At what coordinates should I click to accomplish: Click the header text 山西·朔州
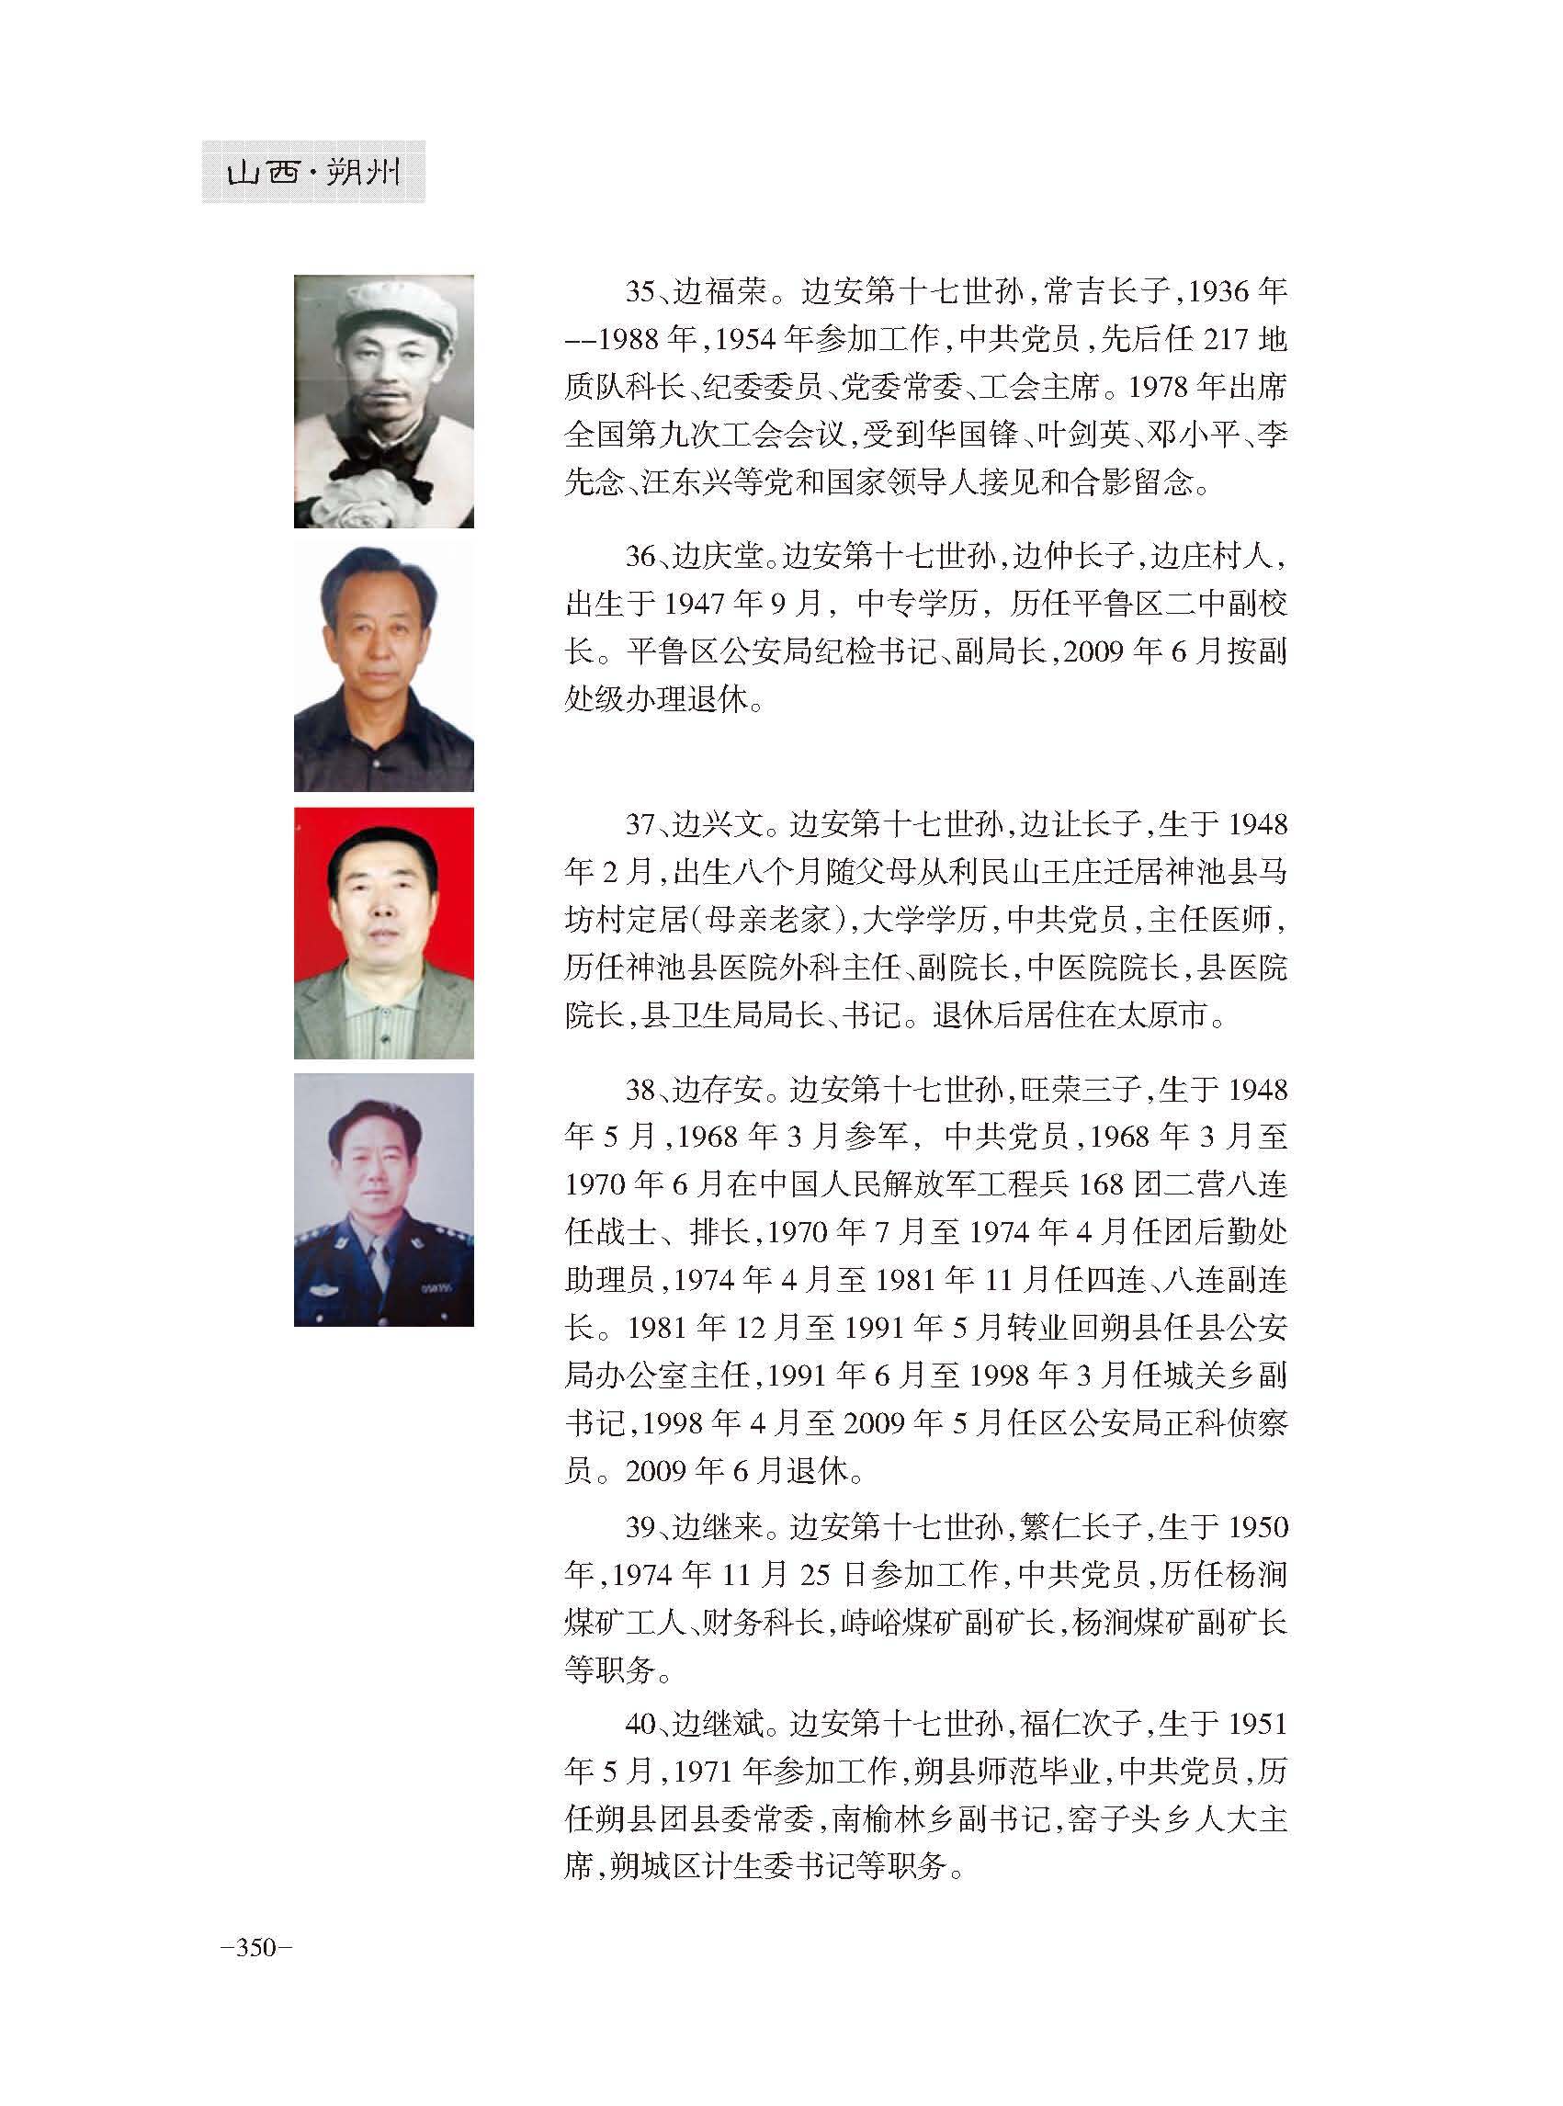pos(313,172)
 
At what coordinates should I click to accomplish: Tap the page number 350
pos(256,1947)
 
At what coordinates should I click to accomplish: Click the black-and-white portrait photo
pos(383,402)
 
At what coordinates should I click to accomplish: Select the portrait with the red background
pos(383,933)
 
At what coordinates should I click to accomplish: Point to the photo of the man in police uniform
pos(383,1200)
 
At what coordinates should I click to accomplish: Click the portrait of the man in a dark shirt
pos(383,668)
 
